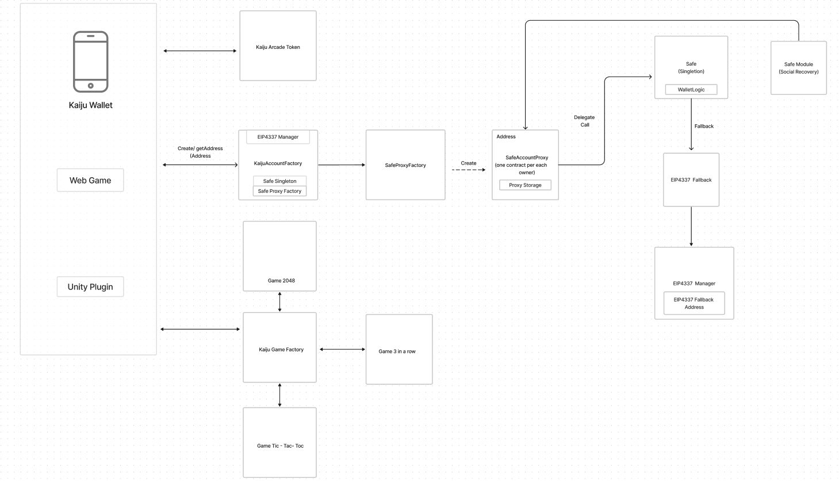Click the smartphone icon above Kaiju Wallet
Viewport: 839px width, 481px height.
point(90,62)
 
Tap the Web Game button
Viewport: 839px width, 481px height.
point(90,180)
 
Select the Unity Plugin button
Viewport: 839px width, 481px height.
point(90,287)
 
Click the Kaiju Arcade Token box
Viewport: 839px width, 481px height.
point(278,46)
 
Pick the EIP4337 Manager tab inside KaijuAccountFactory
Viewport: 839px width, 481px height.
point(278,137)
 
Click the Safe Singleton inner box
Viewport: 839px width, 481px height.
point(279,181)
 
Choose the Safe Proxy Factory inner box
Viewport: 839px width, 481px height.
point(279,191)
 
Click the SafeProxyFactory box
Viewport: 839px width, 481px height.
point(405,165)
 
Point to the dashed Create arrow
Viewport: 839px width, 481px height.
point(468,170)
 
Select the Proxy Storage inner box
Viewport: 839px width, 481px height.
point(525,185)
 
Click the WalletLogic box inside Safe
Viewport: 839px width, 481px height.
point(691,90)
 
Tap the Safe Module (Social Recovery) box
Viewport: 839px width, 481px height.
point(798,68)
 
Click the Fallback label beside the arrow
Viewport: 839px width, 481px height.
point(704,126)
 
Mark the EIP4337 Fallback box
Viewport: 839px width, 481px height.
point(691,180)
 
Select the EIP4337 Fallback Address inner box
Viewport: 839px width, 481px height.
point(694,303)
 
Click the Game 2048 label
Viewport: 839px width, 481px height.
point(281,281)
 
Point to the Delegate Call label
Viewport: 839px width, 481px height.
point(584,121)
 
